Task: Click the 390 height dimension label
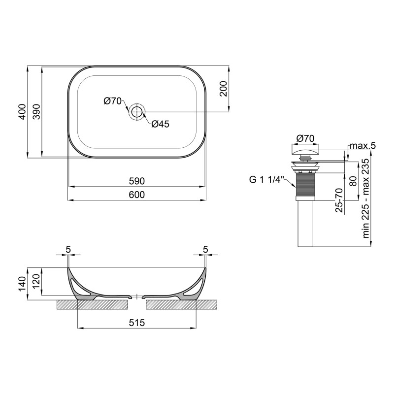[36, 112]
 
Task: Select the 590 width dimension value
[136, 181]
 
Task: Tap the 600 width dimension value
[136, 195]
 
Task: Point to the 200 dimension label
[224, 89]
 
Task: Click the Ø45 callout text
[160, 124]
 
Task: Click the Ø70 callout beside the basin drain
[113, 101]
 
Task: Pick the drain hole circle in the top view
[136, 112]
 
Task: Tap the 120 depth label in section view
[36, 281]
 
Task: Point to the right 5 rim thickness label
[205, 250]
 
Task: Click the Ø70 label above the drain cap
[306, 138]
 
